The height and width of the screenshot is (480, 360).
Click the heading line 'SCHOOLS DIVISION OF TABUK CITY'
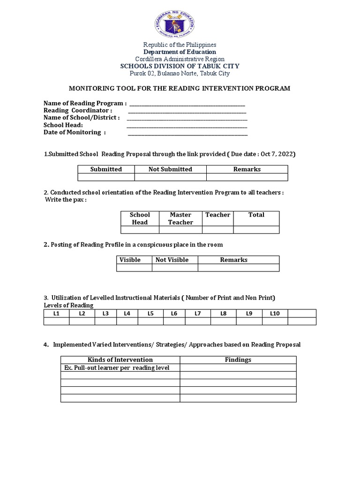[x=180, y=66]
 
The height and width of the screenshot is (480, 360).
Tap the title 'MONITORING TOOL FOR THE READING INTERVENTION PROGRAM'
[x=180, y=88]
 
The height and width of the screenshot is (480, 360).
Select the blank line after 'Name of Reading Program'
[x=187, y=105]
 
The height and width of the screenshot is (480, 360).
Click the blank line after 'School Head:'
[x=187, y=127]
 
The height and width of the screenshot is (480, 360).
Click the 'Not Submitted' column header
[x=170, y=169]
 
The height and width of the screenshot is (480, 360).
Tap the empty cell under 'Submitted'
[x=106, y=177]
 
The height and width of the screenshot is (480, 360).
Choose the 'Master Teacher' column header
[x=180, y=218]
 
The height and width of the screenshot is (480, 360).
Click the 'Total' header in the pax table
[x=256, y=215]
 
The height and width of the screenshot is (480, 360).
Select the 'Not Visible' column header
[x=172, y=260]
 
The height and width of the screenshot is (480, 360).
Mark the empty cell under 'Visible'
[x=134, y=268]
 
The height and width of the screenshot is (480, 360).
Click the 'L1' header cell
[x=56, y=313]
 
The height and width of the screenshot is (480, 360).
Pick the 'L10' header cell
[x=275, y=313]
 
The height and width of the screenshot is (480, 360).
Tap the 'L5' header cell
[x=150, y=313]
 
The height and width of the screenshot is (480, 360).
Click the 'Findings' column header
[x=238, y=360]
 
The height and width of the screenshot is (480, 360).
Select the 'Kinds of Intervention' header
[x=120, y=360]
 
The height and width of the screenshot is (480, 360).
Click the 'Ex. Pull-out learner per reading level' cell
[x=116, y=368]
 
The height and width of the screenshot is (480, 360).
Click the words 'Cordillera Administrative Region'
[x=180, y=59]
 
